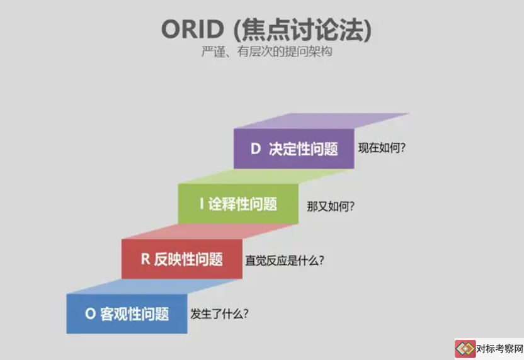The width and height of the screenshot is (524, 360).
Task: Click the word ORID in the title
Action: [193, 29]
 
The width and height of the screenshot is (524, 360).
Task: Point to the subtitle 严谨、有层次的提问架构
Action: [266, 52]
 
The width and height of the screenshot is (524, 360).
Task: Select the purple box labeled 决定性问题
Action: [293, 149]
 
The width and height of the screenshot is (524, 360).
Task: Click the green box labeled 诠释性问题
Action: [238, 204]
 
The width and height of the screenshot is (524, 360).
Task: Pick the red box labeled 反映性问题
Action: [182, 259]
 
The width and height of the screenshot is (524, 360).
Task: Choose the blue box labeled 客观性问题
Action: [127, 313]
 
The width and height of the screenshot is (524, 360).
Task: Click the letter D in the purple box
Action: [256, 149]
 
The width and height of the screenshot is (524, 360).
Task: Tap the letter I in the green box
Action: [202, 204]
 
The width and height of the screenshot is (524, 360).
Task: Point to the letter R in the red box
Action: [145, 259]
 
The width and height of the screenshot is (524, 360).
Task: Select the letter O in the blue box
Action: [90, 313]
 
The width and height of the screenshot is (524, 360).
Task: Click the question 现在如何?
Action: [382, 148]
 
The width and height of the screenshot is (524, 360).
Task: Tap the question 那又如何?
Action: [331, 206]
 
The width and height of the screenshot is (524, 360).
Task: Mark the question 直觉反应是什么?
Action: [285, 260]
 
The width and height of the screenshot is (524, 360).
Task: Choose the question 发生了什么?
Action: [219, 313]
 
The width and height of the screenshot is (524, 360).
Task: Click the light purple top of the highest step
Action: [322, 121]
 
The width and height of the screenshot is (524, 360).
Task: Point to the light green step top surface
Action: [266, 176]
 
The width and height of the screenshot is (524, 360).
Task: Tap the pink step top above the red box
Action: [210, 232]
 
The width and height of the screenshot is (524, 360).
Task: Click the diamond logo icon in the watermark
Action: [465, 349]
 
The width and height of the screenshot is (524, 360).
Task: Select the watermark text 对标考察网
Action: [500, 349]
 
